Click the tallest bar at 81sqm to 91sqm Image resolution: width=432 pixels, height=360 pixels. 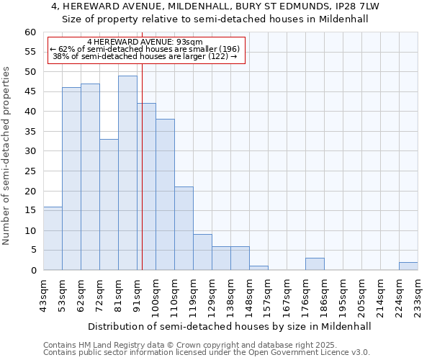pyautogui.click(x=127, y=173)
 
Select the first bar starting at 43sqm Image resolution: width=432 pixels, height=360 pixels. pyautogui.click(x=53, y=238)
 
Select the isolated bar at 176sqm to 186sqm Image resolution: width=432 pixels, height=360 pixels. pyautogui.click(x=315, y=264)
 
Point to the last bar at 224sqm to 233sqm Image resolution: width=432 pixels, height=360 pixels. pyautogui.click(x=408, y=266)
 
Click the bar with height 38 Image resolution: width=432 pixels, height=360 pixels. pyautogui.click(x=165, y=194)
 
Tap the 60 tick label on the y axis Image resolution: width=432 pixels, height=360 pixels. pyautogui.click(x=30, y=32)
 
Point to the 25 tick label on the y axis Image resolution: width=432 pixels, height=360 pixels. pyautogui.click(x=30, y=171)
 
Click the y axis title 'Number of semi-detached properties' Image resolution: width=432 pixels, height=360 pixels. pyautogui.click(x=7, y=156)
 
